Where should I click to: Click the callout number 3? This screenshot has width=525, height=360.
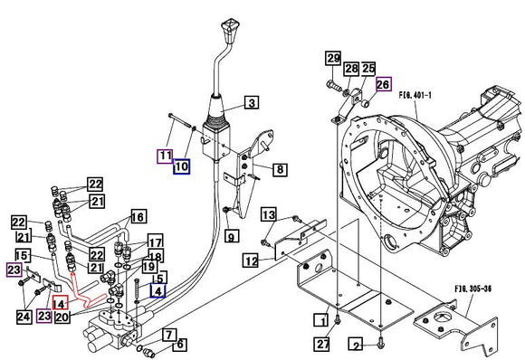pyautogui.click(x=251, y=102)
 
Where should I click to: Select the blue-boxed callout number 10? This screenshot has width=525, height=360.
pyautogui.click(x=182, y=166)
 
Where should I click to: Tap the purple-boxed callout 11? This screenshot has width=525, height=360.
pyautogui.click(x=165, y=156)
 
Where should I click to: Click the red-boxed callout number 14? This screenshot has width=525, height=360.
pyautogui.click(x=60, y=303)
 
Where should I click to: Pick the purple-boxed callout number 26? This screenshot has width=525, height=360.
pyautogui.click(x=383, y=84)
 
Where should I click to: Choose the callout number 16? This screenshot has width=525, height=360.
pyautogui.click(x=138, y=217)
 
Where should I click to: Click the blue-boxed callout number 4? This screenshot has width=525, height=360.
pyautogui.click(x=158, y=291)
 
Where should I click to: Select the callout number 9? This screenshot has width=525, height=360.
pyautogui.click(x=232, y=238)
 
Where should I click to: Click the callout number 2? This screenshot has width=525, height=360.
pyautogui.click(x=356, y=345)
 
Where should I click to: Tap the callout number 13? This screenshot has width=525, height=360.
pyautogui.click(x=269, y=214)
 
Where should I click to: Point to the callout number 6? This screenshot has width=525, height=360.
pyautogui.click(x=179, y=344)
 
